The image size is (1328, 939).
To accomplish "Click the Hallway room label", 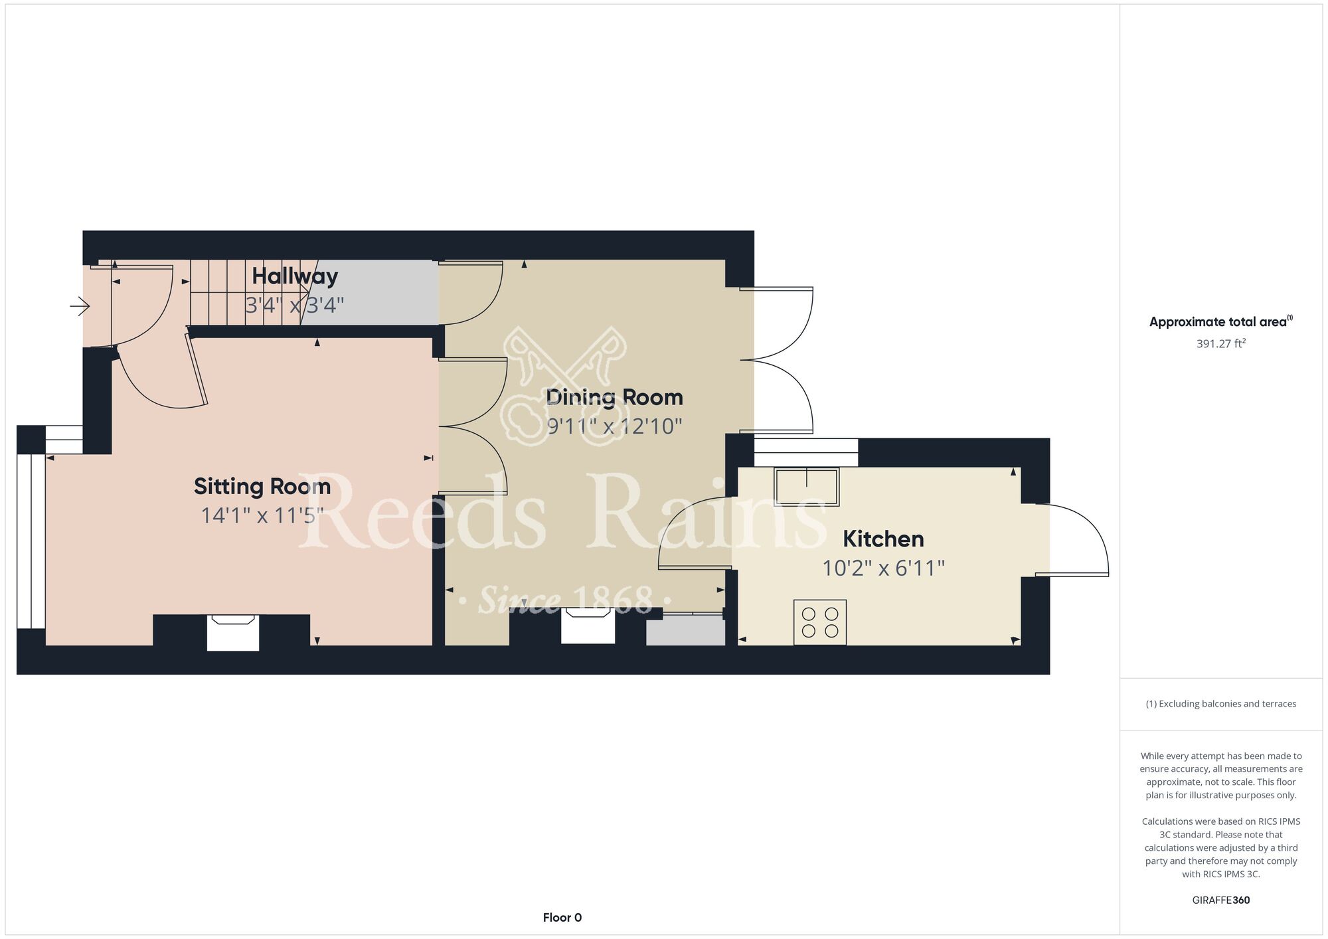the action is (x=295, y=276).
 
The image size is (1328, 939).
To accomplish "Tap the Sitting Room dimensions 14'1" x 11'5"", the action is (x=262, y=515).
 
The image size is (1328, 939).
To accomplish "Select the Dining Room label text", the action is (x=614, y=397).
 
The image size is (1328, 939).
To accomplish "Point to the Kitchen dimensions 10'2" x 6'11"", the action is (x=883, y=568).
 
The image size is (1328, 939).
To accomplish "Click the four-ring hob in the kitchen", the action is (x=820, y=622).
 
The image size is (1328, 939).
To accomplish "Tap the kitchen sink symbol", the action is (x=807, y=487).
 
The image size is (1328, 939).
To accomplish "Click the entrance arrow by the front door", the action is (x=80, y=306).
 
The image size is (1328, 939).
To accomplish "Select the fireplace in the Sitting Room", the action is (x=232, y=632).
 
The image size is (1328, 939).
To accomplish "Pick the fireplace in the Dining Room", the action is (x=588, y=626).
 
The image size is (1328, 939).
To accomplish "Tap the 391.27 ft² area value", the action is (x=1221, y=343).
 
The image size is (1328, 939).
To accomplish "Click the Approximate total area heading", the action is (x=1221, y=322).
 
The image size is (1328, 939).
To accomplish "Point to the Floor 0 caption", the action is (x=562, y=918).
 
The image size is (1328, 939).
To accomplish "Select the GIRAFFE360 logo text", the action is (x=1221, y=900).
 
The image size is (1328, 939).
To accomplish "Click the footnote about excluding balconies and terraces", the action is (x=1221, y=704).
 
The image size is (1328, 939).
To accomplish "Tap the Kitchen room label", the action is (x=883, y=539).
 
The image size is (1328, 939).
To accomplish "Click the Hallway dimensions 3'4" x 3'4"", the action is (x=295, y=305).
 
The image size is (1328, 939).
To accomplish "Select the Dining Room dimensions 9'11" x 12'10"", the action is (x=614, y=426).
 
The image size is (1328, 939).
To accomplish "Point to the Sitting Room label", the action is (x=262, y=486).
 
